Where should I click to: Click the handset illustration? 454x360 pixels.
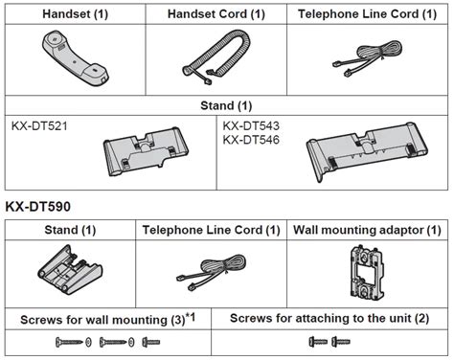point(76,58)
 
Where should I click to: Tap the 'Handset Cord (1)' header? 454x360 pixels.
point(216,14)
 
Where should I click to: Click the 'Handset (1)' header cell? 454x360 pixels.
point(76,14)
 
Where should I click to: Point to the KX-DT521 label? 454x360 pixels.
point(39,126)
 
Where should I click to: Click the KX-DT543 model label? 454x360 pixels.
point(251,125)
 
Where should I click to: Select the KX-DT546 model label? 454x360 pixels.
point(251,140)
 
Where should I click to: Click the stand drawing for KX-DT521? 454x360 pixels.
point(146,151)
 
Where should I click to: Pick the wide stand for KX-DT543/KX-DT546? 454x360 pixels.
point(367,150)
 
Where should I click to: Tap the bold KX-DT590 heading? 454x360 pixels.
point(38,207)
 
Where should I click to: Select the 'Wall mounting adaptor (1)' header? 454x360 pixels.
point(367,230)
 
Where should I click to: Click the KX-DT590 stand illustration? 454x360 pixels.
point(70,270)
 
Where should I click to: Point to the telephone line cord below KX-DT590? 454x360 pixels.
point(212,272)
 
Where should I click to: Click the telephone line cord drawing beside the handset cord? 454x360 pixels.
point(367,59)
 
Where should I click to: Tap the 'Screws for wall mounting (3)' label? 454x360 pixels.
point(102,320)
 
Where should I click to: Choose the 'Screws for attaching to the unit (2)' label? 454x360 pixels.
point(329,319)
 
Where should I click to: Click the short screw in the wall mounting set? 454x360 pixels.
point(151,342)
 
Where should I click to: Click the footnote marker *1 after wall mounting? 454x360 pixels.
point(191,317)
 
